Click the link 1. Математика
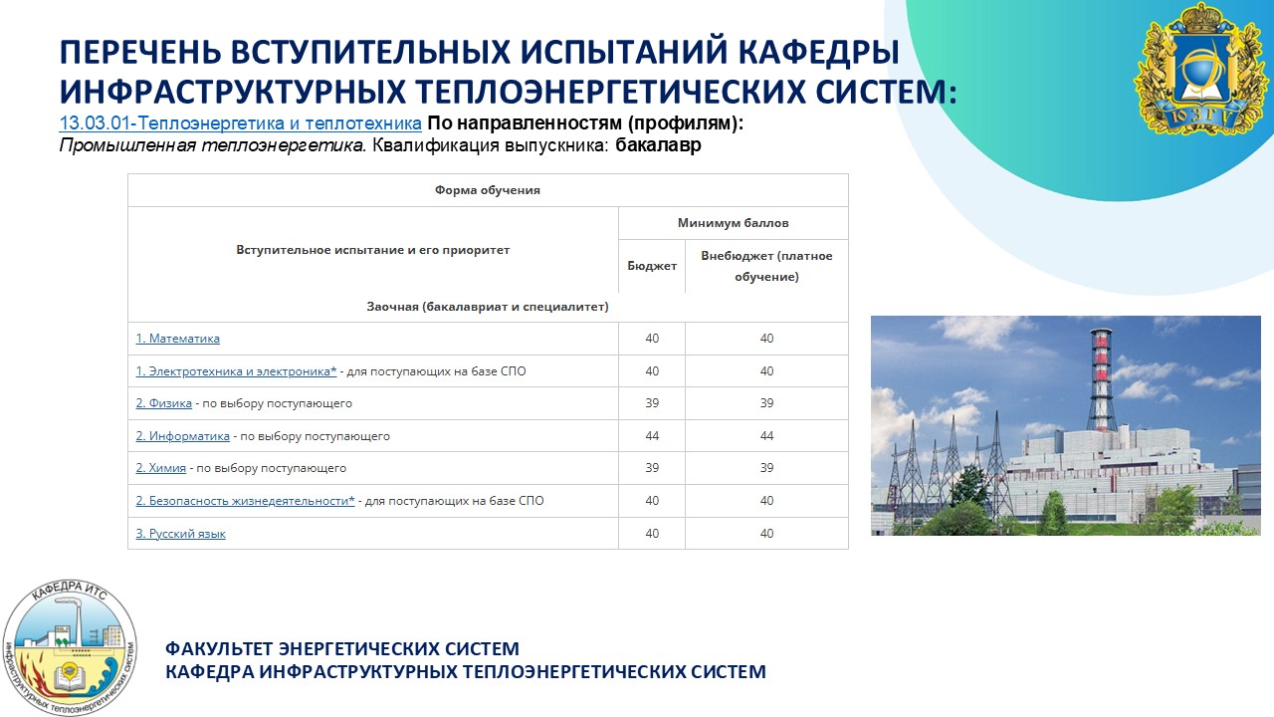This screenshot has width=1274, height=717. pos(177,339)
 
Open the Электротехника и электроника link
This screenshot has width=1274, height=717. pos(236,371)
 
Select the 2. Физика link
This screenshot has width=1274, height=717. pos(164,403)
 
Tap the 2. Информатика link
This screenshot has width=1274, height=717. pos(182,436)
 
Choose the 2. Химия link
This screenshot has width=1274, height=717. pos(161,468)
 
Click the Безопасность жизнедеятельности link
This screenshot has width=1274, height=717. pos(245,501)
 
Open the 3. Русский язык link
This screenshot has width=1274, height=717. pos(180,534)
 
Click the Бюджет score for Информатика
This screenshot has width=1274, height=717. pos(652,436)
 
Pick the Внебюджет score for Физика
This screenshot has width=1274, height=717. pos(766,403)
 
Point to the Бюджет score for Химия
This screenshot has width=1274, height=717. pos(652,468)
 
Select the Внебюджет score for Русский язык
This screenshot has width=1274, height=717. pos(766,533)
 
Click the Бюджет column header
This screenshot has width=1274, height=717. pos(652,266)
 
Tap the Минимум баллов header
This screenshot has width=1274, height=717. pos(734,223)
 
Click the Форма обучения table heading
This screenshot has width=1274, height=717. pos(488,190)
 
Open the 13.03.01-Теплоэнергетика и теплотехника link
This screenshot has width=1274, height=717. pos(241,122)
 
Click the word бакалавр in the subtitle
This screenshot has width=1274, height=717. pos(658,145)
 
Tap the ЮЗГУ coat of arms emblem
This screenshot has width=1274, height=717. pos(1200,70)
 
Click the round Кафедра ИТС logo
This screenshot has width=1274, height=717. pos(70,647)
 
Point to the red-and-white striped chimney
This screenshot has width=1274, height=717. pos(1102,379)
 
